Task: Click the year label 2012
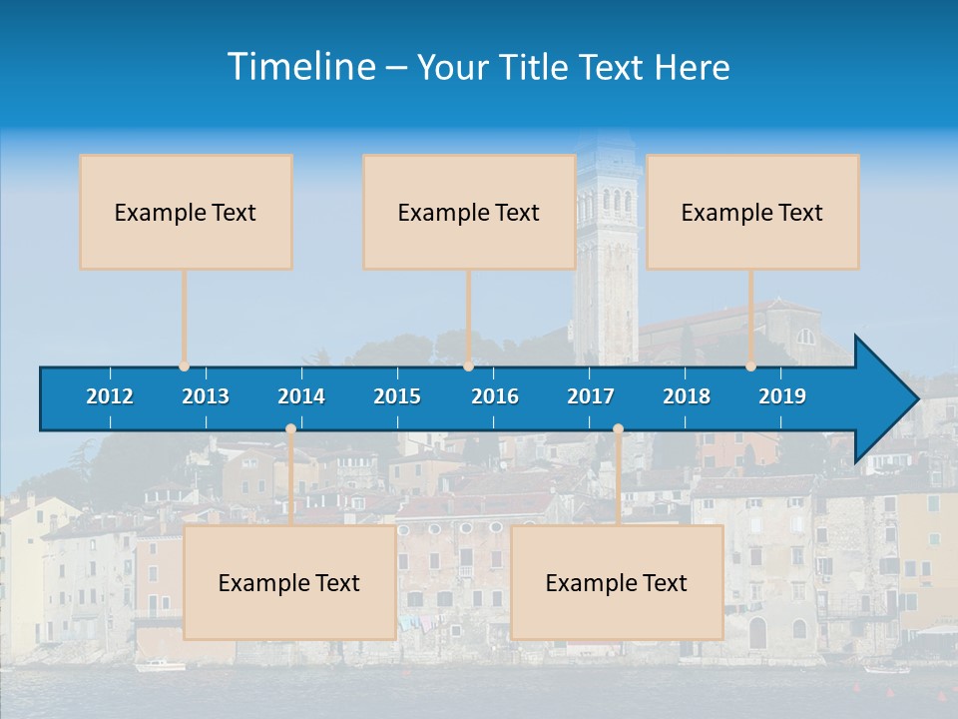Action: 110,396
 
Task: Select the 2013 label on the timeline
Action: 206,396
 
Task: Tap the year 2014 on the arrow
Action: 301,396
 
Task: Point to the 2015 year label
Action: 397,396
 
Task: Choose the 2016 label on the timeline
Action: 495,396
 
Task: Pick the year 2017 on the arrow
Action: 591,396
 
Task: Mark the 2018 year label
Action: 687,396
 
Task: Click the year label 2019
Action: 782,396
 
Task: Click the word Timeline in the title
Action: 300,67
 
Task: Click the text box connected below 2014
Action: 289,583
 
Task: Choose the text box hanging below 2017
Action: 617,583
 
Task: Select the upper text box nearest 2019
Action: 752,212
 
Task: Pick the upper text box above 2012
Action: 186,212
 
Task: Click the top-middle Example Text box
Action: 469,212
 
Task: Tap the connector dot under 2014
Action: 290,429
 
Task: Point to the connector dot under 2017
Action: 618,429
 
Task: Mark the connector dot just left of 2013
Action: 185,366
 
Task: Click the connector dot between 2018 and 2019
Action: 751,366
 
